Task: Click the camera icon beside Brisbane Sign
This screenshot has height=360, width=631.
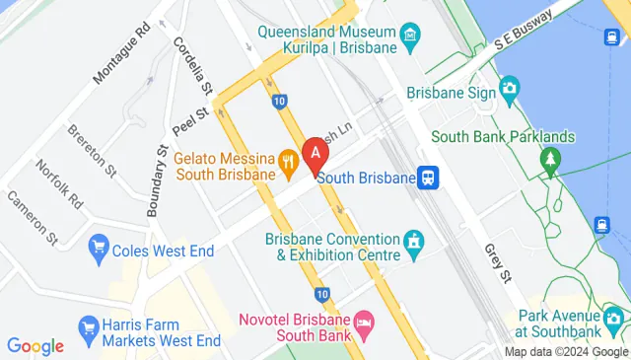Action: pos(509,92)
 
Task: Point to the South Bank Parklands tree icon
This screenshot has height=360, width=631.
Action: pos(549,158)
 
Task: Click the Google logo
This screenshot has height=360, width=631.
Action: pos(35,346)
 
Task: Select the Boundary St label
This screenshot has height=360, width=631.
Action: pos(155,181)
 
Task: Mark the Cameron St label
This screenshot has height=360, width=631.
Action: pos(31,215)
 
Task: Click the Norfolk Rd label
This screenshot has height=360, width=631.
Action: pos(61,184)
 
